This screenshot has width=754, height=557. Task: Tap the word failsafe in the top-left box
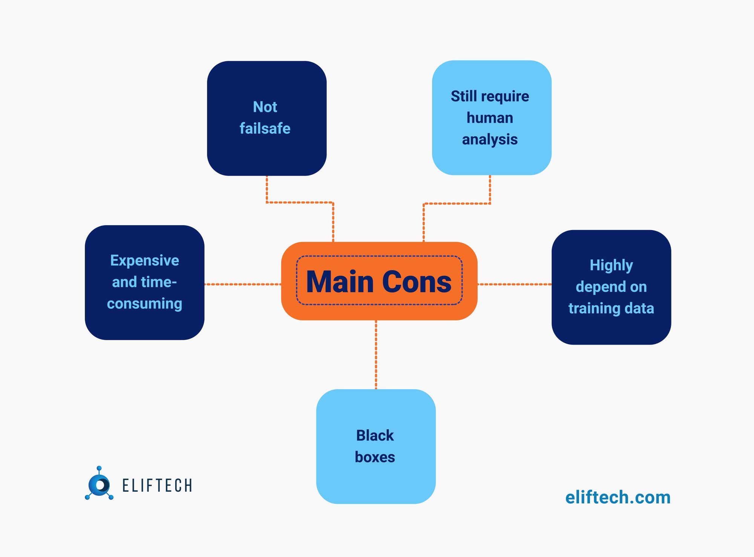click(265, 129)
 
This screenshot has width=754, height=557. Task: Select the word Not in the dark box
click(265, 107)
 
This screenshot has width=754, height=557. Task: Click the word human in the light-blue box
click(490, 118)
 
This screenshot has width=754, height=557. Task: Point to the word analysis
click(490, 140)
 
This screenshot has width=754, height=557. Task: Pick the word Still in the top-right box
click(464, 97)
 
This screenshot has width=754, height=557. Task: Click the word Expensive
click(144, 261)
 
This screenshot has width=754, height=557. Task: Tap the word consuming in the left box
click(144, 304)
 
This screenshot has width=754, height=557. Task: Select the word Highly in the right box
click(611, 265)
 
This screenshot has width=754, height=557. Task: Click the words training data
click(611, 308)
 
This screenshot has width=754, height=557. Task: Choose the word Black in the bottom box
click(375, 436)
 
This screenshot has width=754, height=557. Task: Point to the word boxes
click(375, 457)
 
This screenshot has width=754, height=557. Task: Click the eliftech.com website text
click(618, 497)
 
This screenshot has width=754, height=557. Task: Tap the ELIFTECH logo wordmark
click(157, 485)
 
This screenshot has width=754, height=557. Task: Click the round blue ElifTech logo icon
click(99, 484)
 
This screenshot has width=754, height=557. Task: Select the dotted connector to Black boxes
click(376, 354)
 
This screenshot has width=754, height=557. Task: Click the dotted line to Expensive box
click(243, 284)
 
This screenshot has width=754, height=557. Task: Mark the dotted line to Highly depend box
click(514, 284)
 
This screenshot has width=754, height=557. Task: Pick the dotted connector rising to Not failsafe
click(300, 203)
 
